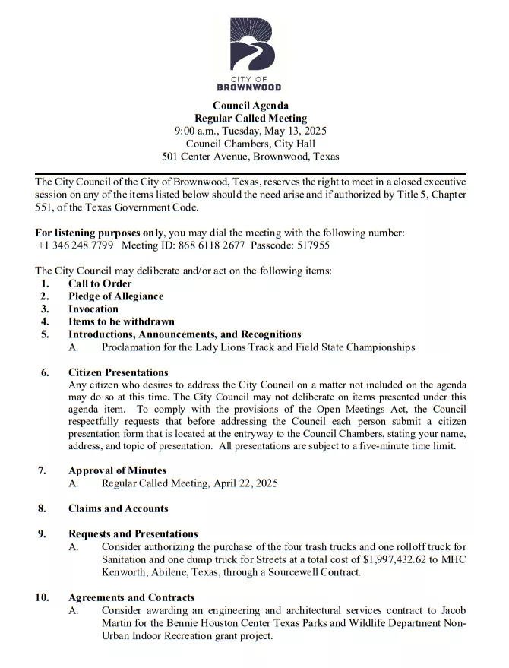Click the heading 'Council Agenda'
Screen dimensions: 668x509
click(x=250, y=106)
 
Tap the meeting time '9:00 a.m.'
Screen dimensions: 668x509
click(x=198, y=131)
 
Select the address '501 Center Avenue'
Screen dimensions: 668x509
click(x=204, y=157)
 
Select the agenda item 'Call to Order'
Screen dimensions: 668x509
click(x=100, y=283)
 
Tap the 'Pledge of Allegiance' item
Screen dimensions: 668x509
click(x=115, y=296)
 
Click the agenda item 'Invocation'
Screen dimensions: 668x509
click(x=93, y=309)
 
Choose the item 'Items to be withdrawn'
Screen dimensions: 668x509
click(x=122, y=321)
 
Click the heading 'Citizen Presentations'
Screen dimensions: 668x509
click(x=118, y=372)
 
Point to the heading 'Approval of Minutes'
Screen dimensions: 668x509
click(x=117, y=470)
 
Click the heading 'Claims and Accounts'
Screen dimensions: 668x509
click(x=118, y=508)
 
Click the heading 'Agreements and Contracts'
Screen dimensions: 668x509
click(x=131, y=597)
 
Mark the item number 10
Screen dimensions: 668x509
click(x=42, y=597)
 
